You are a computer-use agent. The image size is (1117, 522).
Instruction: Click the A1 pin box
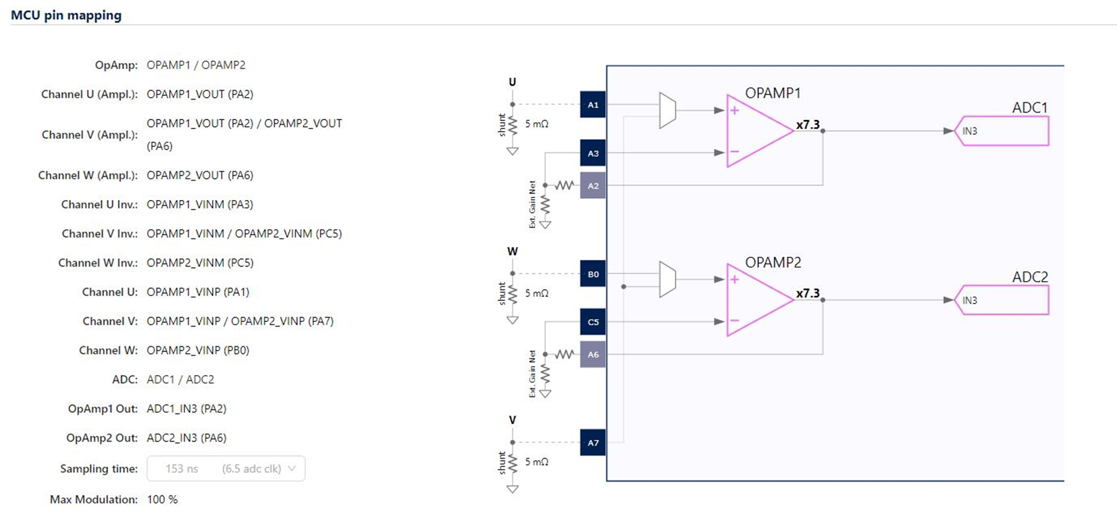point(593,105)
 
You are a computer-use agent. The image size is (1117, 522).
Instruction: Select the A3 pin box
point(593,153)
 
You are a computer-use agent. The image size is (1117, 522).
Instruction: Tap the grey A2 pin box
point(593,186)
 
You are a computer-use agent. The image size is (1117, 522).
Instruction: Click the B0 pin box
point(593,274)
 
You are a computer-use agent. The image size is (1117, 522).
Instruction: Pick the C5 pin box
point(593,322)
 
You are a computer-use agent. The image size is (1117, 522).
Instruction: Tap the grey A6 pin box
point(593,355)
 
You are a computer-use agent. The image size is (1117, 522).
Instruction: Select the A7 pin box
point(593,443)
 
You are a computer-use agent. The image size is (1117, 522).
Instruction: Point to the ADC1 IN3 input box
point(1002,131)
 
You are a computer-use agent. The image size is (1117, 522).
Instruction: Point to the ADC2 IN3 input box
point(1002,300)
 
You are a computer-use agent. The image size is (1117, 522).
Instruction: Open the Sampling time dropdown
point(226,468)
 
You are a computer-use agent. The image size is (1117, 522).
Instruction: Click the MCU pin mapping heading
point(66,15)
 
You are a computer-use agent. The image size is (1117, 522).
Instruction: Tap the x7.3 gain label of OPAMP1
point(807,125)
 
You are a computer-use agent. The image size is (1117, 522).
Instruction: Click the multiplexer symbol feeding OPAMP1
point(667,111)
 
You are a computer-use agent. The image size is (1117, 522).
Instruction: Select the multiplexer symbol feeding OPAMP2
point(667,279)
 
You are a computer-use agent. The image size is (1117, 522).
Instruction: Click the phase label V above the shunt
point(512,420)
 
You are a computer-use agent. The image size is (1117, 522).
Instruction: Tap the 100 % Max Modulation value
point(162,500)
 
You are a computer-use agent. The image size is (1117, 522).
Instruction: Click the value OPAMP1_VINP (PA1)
point(198,292)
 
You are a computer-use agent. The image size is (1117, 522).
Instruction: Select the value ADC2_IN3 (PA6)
point(186,438)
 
